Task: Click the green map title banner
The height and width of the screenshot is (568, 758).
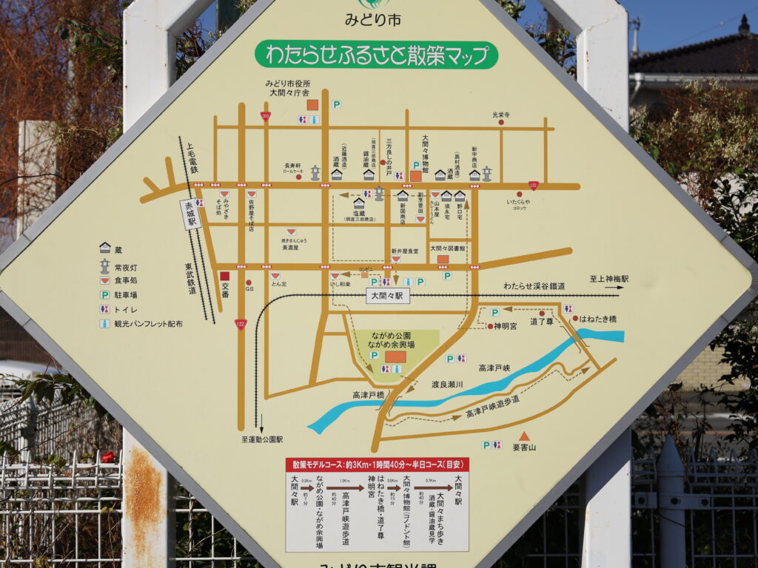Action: (376, 55)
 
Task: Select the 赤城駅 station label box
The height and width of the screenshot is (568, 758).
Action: (191, 214)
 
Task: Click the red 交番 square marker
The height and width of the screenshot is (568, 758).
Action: (224, 276)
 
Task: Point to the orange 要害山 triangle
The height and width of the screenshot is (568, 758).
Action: (524, 436)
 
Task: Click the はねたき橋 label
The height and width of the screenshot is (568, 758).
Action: (597, 319)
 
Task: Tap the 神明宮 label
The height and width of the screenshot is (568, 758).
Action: (505, 325)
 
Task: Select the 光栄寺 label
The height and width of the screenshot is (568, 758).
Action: (502, 115)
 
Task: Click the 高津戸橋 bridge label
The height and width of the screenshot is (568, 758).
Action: (368, 395)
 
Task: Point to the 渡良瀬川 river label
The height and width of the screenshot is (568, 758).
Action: (447, 385)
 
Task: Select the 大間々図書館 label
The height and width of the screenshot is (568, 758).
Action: (448, 248)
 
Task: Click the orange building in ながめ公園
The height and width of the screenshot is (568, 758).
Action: (395, 356)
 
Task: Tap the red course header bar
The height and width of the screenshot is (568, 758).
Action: (377, 465)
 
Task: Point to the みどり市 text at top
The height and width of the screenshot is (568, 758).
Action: (372, 20)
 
